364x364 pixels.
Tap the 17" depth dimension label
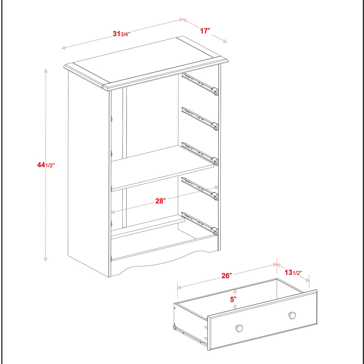tap(204, 31)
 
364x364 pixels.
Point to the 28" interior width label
tap(160, 201)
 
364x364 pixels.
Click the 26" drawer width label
tap(226, 275)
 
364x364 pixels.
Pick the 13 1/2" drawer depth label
tap(293, 273)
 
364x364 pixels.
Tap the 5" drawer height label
tap(233, 299)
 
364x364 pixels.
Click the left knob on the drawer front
tap(239, 328)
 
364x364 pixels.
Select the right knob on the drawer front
tap(292, 315)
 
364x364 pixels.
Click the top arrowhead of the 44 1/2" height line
tap(45, 71)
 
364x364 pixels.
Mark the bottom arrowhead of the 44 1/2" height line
tap(45, 259)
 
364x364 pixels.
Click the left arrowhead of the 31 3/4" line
tap(63, 48)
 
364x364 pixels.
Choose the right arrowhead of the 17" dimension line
tap(225, 42)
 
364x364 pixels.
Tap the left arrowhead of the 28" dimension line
tap(112, 213)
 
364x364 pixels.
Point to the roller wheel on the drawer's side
tap(175, 327)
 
